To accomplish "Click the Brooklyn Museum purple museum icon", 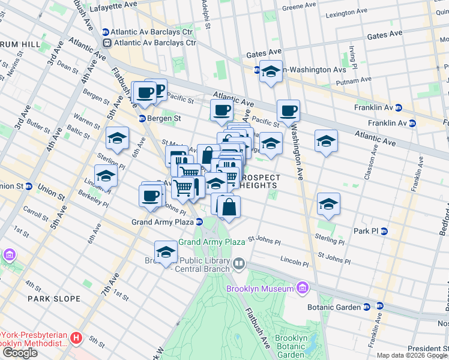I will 302,289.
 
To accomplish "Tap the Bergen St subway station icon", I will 143,118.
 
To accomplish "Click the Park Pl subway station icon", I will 384,231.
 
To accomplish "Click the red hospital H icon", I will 76,338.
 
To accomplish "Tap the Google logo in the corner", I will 20,353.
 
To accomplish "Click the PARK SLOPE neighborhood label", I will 54,298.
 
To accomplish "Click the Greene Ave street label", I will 299,5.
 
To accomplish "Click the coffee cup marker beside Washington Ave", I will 288,110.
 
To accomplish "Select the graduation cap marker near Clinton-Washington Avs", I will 271,71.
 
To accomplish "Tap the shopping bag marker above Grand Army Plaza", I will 229,207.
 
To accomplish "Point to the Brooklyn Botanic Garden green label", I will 291,346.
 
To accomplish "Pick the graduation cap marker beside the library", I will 166,253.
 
